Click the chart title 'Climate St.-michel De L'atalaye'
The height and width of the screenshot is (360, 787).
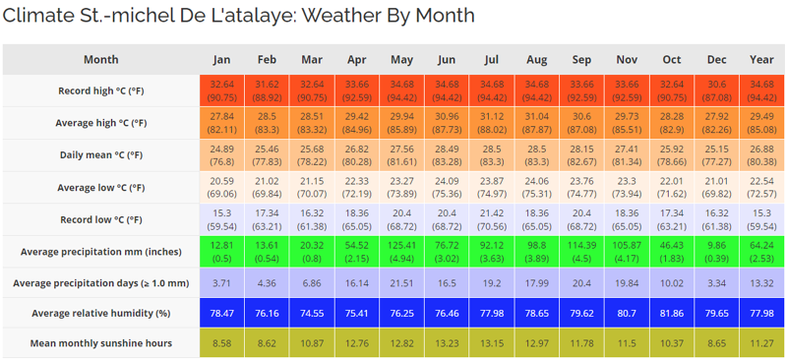pos(238,16)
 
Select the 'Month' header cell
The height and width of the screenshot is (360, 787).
pos(100,59)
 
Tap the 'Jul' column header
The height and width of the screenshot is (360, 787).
pos(492,59)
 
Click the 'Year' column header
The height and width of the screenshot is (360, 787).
pos(761,59)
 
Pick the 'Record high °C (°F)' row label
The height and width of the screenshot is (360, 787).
pos(100,90)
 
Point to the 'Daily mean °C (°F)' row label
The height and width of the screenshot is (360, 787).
pos(100,154)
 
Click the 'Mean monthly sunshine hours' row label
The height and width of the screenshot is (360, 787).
pos(100,343)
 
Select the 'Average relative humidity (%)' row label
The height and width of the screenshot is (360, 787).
pos(100,313)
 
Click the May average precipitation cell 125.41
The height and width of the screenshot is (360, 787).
pos(401,251)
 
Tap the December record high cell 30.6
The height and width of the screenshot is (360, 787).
pos(717,90)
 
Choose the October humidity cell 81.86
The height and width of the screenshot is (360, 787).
pos(672,313)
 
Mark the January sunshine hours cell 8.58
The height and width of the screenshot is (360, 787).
pos(222,343)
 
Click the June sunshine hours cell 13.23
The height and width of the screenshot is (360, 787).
pos(447,343)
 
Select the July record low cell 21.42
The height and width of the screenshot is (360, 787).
pos(492,218)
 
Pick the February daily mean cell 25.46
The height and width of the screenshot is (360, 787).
pos(267,154)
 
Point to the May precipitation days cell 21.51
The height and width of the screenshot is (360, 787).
pos(401,282)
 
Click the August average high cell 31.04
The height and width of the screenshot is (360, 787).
pos(537,122)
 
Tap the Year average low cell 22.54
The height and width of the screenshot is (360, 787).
pos(761,187)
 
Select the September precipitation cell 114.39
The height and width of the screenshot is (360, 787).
pos(581,251)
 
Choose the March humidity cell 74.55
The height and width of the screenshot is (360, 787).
pos(312,313)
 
